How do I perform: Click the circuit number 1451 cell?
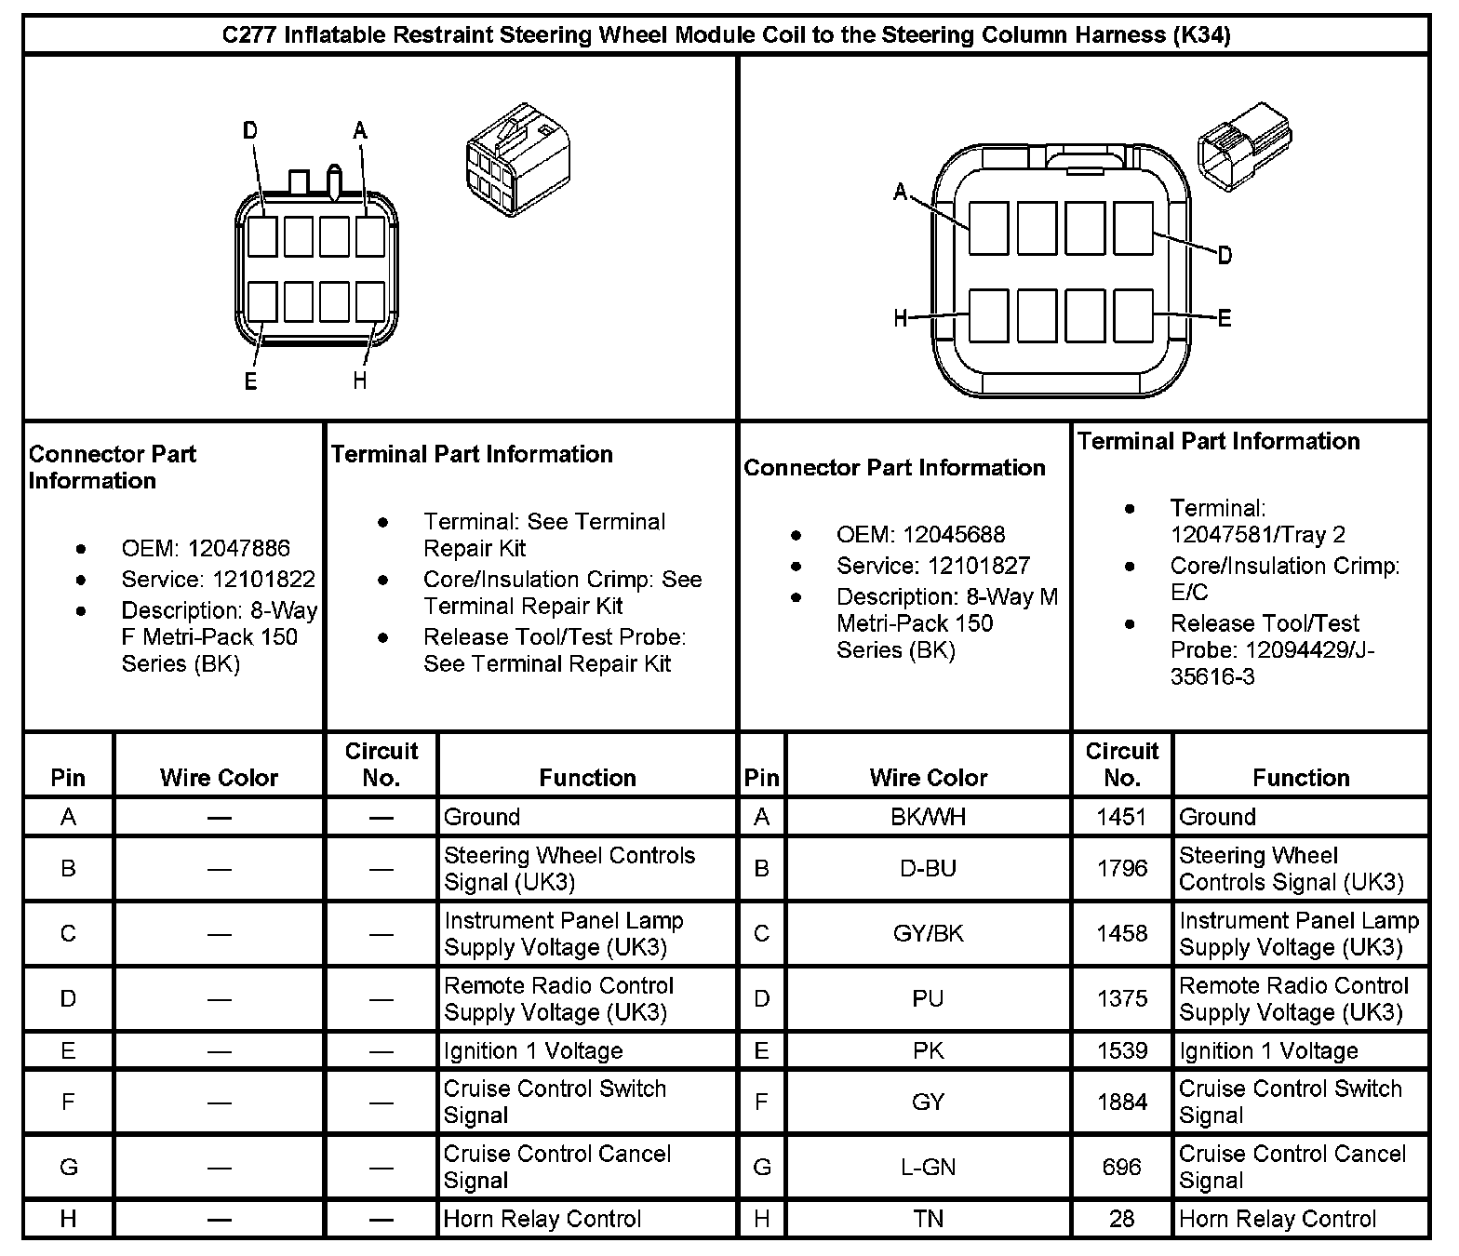pyautogui.click(x=1121, y=817)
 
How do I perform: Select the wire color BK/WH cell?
pyautogui.click(x=928, y=817)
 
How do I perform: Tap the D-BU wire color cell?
pyautogui.click(x=928, y=868)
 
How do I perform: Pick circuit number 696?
pyautogui.click(x=1121, y=1167)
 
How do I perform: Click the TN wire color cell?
pyautogui.click(x=928, y=1219)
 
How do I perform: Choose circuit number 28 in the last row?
pyautogui.click(x=1121, y=1219)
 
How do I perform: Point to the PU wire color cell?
pyautogui.click(x=928, y=998)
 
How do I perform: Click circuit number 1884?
pyautogui.click(x=1121, y=1102)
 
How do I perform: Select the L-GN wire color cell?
pyautogui.click(x=928, y=1167)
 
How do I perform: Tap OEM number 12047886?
pyautogui.click(x=238, y=548)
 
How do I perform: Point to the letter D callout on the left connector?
pyautogui.click(x=249, y=131)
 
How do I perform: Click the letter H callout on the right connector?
pyautogui.click(x=900, y=318)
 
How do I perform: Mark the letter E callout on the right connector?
pyautogui.click(x=1225, y=318)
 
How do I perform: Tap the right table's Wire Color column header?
pyautogui.click(x=928, y=777)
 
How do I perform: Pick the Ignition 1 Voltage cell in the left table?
pyautogui.click(x=533, y=1050)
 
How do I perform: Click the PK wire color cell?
pyautogui.click(x=928, y=1050)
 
